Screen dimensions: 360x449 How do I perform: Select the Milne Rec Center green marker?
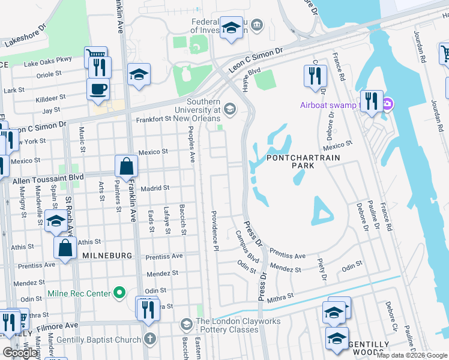pos(119,293)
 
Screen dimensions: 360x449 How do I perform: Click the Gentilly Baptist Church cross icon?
pos(149,338)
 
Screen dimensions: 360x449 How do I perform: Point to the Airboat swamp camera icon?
pos(387,106)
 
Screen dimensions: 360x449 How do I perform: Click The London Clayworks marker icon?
pos(187,325)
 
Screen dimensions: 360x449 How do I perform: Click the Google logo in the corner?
pos(20,353)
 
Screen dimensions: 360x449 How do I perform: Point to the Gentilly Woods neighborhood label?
pos(369,349)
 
